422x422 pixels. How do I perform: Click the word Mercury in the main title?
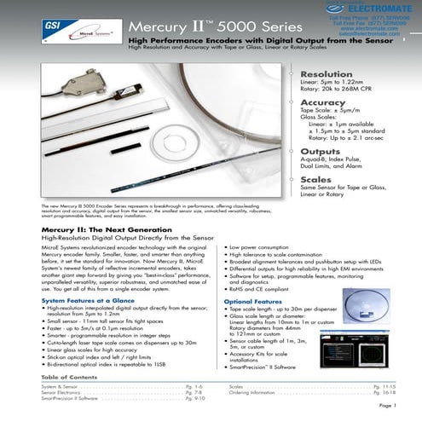pos(159,29)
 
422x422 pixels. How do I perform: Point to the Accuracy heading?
pos(323,103)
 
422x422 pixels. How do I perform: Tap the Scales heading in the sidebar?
pos(316,180)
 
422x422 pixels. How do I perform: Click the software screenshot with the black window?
pos(369,315)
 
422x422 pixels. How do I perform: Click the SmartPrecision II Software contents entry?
pos(72,397)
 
